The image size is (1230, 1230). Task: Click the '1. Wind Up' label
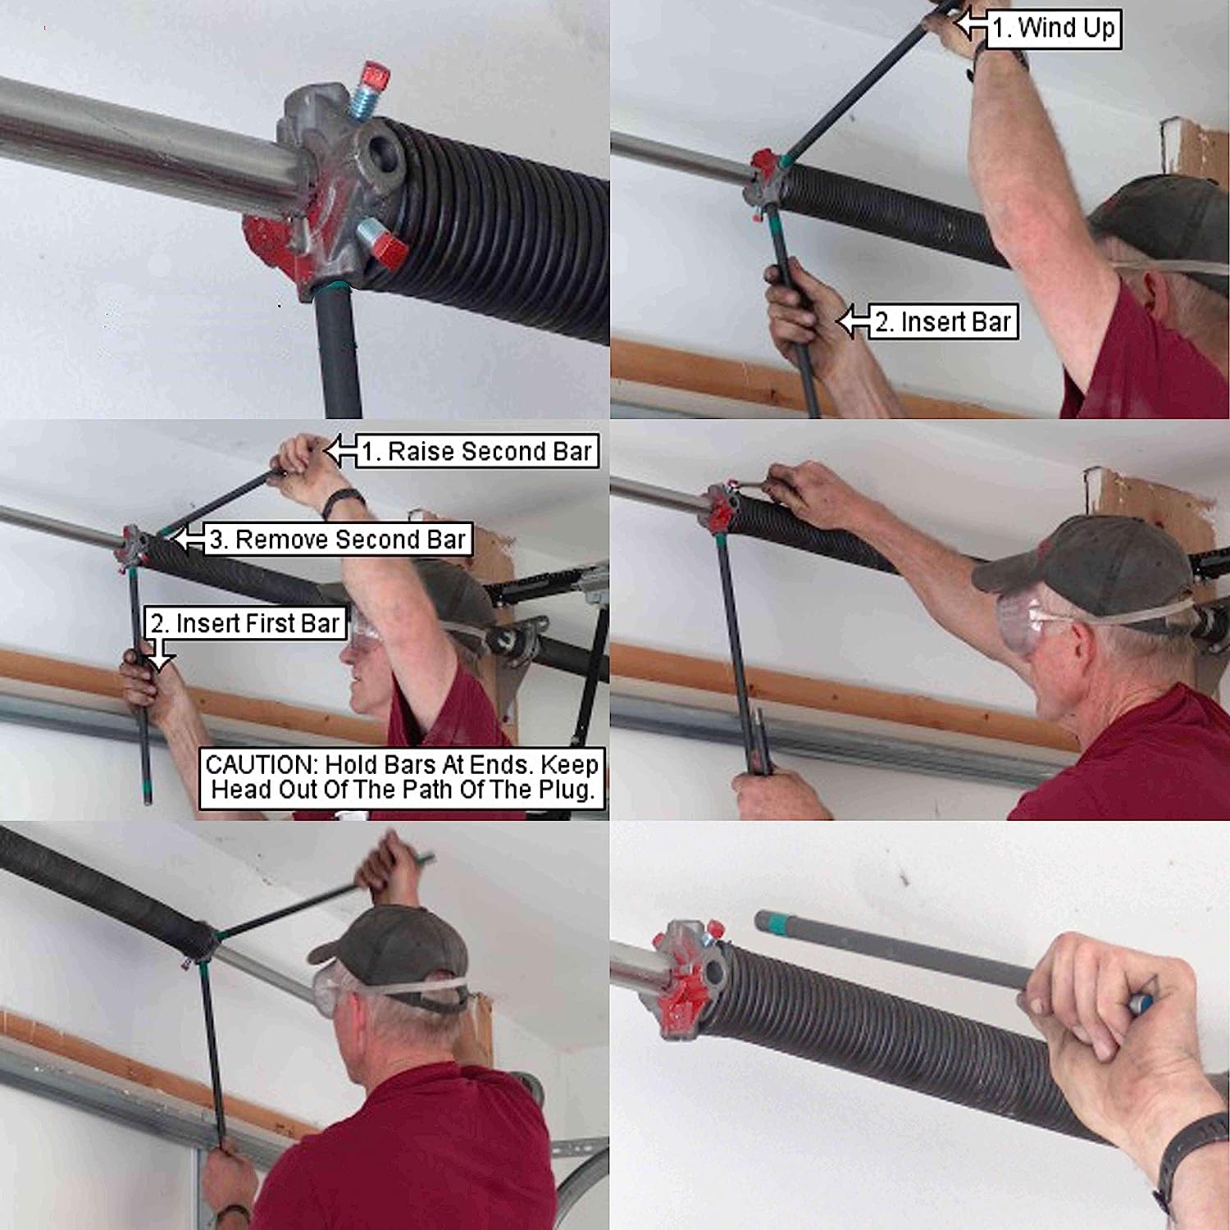tap(1053, 29)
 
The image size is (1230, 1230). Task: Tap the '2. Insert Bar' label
tap(942, 322)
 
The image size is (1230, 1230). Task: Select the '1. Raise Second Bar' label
tap(476, 452)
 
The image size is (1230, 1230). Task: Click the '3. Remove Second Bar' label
tap(337, 540)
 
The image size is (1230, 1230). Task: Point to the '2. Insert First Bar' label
tap(245, 623)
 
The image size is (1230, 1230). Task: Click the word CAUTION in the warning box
tap(262, 765)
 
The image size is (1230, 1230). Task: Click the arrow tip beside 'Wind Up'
tap(961, 25)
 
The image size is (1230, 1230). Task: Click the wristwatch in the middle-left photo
tap(344, 501)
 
